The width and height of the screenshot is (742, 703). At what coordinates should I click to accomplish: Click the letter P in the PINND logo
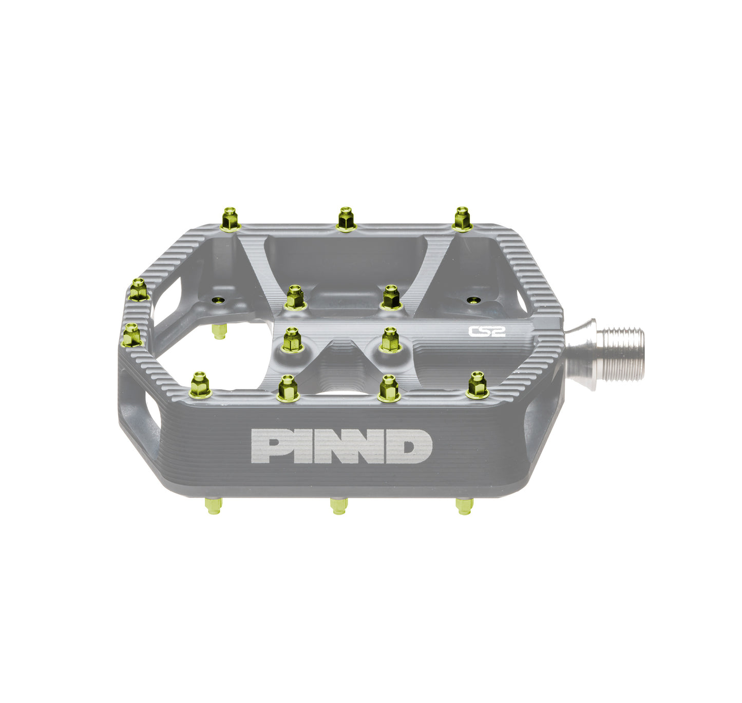pyautogui.click(x=266, y=446)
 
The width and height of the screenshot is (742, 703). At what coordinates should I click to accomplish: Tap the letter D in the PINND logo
pyautogui.click(x=414, y=446)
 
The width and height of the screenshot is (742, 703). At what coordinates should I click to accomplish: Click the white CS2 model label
pyautogui.click(x=487, y=331)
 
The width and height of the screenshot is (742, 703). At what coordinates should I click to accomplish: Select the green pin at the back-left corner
pyautogui.click(x=230, y=219)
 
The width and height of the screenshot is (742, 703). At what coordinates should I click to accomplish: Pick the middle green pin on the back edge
pyautogui.click(x=346, y=220)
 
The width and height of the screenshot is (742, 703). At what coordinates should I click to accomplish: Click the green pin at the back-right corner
pyautogui.click(x=462, y=219)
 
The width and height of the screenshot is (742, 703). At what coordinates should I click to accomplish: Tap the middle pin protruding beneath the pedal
pyautogui.click(x=338, y=506)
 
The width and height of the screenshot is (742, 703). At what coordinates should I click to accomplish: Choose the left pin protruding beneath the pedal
pyautogui.click(x=213, y=506)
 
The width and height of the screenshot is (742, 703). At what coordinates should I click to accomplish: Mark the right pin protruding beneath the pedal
pyautogui.click(x=464, y=506)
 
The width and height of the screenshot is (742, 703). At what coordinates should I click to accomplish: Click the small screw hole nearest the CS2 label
pyautogui.click(x=472, y=299)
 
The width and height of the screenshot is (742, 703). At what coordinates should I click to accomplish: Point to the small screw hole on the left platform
pyautogui.click(x=219, y=300)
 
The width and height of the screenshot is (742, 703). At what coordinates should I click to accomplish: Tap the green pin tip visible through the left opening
pyautogui.click(x=219, y=331)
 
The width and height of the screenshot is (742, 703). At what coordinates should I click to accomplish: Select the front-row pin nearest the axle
pyautogui.click(x=478, y=385)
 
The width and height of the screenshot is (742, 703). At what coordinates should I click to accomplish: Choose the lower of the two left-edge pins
pyautogui.click(x=131, y=335)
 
